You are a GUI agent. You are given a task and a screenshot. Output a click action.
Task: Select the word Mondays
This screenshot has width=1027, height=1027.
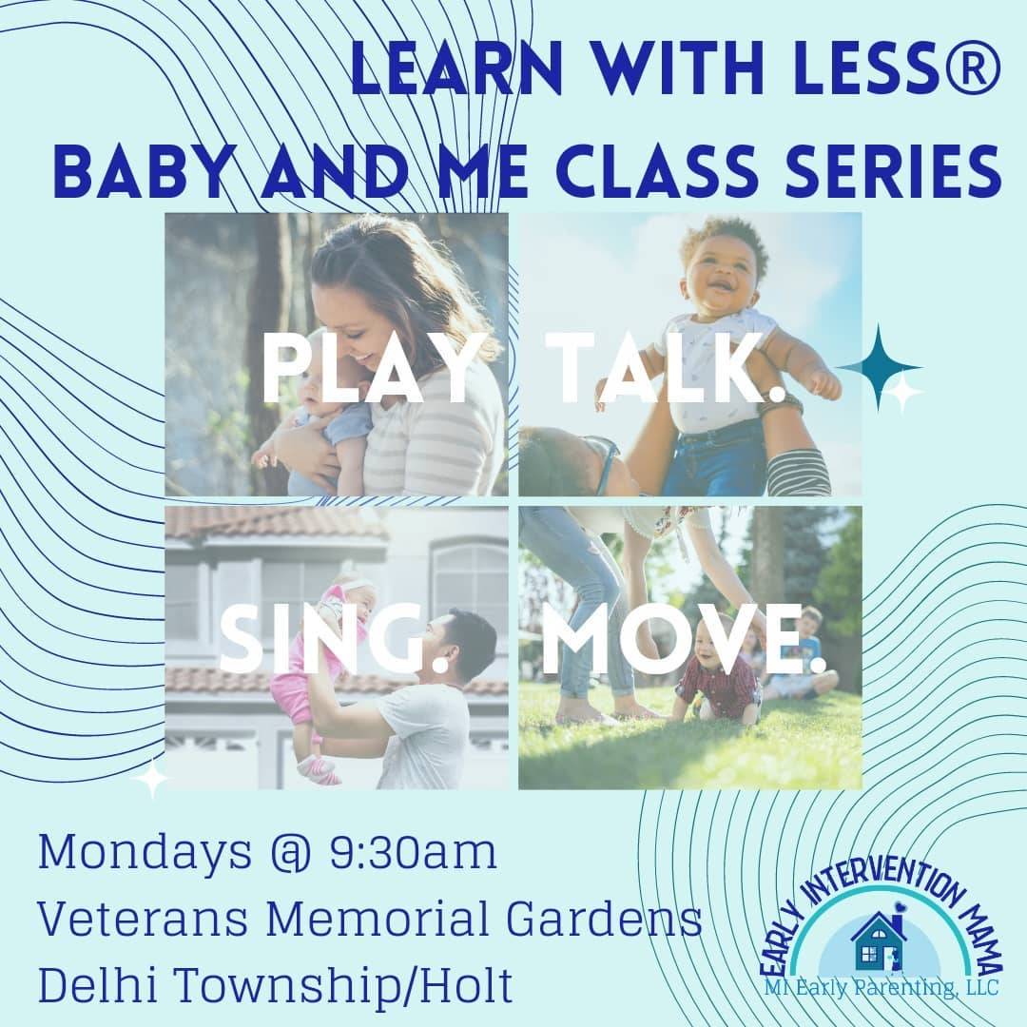[139, 853]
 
